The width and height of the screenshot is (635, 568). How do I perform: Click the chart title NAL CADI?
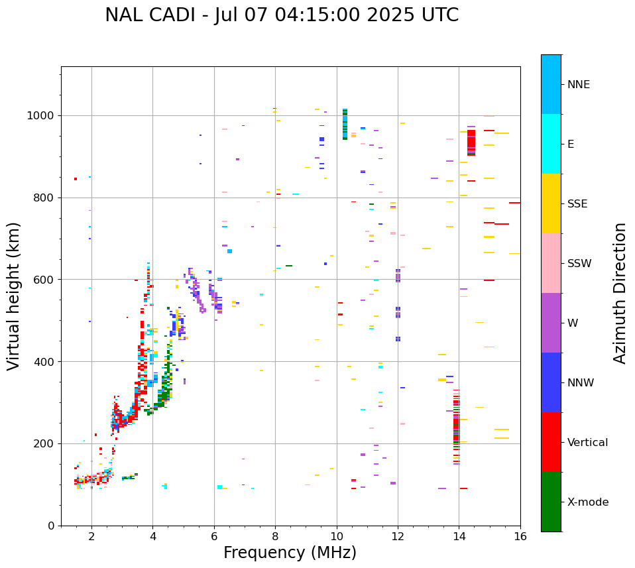pyautogui.click(x=281, y=15)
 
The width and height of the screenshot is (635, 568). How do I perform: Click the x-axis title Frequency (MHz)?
pyautogui.click(x=290, y=553)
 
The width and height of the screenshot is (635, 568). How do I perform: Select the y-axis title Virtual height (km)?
pyautogui.click(x=15, y=296)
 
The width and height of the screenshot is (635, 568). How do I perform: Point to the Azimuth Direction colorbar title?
pyautogui.click(x=620, y=293)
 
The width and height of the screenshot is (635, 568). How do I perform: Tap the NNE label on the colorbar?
pyautogui.click(x=578, y=85)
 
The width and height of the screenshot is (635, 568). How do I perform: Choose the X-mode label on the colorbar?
pyautogui.click(x=587, y=502)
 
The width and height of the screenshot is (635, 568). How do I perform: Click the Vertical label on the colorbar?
pyautogui.click(x=587, y=443)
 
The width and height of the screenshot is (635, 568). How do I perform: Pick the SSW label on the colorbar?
pyautogui.click(x=579, y=264)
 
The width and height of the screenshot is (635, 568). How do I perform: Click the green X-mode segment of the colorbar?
pyautogui.click(x=551, y=502)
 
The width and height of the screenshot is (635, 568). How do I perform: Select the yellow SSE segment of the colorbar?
pyautogui.click(x=551, y=203)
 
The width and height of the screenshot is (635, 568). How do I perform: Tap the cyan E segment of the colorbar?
pyautogui.click(x=551, y=144)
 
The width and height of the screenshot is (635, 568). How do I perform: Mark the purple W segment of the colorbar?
pyautogui.click(x=551, y=323)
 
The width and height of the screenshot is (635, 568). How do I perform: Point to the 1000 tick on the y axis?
pyautogui.click(x=44, y=116)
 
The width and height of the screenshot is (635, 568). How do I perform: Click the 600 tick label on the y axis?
pyautogui.click(x=46, y=280)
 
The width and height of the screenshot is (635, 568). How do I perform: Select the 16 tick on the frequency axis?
pyautogui.click(x=520, y=536)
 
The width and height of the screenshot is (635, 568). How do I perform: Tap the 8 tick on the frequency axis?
pyautogui.click(x=275, y=536)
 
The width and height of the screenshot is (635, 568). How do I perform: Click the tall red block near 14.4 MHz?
pyautogui.click(x=471, y=142)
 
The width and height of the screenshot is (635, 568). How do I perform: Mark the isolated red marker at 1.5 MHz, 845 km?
pyautogui.click(x=76, y=179)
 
